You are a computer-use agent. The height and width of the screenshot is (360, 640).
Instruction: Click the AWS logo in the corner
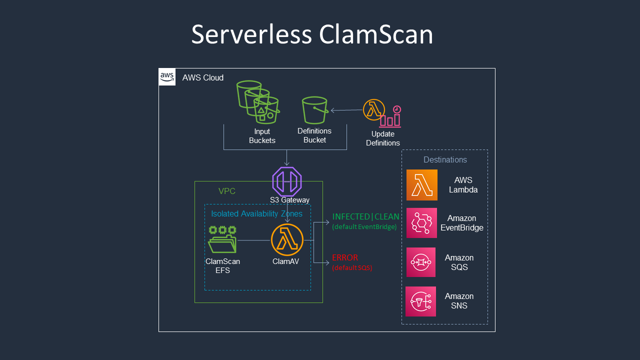click(x=167, y=77)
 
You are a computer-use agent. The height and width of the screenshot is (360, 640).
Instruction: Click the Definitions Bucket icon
click(x=315, y=110)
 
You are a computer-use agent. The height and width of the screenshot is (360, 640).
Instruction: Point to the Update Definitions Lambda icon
click(x=374, y=110)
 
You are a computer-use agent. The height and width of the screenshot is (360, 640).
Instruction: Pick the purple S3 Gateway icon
click(x=287, y=181)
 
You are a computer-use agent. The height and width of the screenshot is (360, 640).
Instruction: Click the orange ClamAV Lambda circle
click(x=287, y=239)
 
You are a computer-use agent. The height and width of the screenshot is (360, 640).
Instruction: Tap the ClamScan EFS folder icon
click(x=222, y=239)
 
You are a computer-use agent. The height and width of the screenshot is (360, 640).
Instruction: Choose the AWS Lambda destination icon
click(x=421, y=185)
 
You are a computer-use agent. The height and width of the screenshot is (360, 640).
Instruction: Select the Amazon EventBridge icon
click(x=421, y=223)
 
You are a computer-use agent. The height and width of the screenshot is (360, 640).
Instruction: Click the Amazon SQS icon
click(x=421, y=262)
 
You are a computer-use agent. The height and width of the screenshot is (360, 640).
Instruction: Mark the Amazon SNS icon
click(x=421, y=301)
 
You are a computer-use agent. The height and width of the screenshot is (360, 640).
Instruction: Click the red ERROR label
click(x=345, y=258)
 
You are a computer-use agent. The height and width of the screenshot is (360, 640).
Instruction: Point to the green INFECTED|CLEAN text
click(x=365, y=217)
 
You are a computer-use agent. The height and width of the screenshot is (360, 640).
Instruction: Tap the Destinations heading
click(x=445, y=160)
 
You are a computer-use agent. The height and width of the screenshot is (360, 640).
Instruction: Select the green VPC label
click(x=227, y=191)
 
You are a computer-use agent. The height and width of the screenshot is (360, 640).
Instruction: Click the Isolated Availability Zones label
click(x=256, y=214)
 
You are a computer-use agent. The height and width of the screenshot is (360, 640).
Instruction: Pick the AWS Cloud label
click(x=202, y=78)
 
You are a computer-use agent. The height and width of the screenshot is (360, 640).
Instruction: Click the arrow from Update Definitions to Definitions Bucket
click(x=346, y=110)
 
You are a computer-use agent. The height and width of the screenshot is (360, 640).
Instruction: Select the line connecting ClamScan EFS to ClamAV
click(x=253, y=240)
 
